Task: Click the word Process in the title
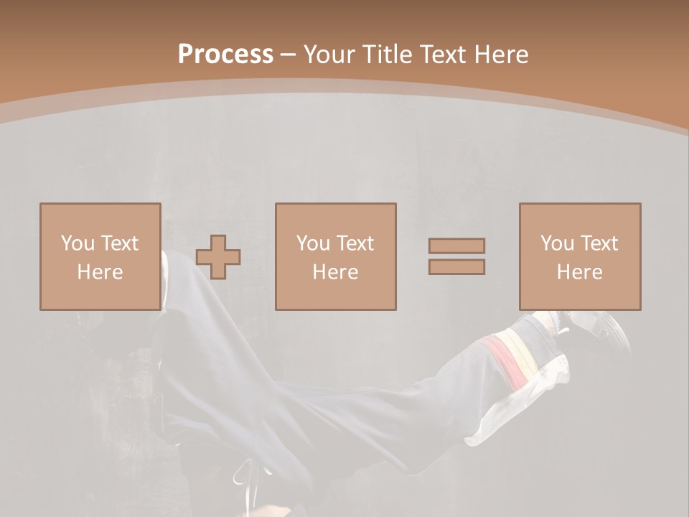pyautogui.click(x=225, y=55)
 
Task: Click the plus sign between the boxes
pyautogui.click(x=218, y=256)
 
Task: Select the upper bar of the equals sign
pyautogui.click(x=456, y=246)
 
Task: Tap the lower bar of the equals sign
pyautogui.click(x=456, y=266)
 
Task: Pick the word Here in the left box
pyautogui.click(x=100, y=272)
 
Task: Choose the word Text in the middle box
pyautogui.click(x=355, y=243)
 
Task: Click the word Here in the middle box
pyautogui.click(x=335, y=272)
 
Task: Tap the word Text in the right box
pyautogui.click(x=599, y=243)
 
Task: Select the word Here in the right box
pyautogui.click(x=579, y=272)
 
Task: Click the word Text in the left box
pyautogui.click(x=119, y=243)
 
